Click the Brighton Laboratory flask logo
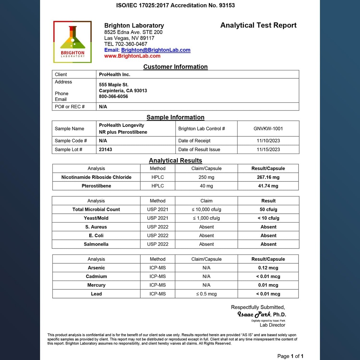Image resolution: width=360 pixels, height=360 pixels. click(x=72, y=42)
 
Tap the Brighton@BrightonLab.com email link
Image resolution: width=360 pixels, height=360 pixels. click(x=156, y=50)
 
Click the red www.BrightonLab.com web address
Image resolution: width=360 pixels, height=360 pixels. click(x=132, y=56)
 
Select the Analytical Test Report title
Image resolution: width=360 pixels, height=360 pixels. click(x=258, y=25)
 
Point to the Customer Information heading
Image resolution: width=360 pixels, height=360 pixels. click(x=175, y=67)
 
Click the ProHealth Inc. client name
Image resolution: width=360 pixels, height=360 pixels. click(x=115, y=75)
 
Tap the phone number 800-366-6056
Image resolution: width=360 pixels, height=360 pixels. click(x=114, y=96)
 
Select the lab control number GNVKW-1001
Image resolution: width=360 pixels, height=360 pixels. click(x=268, y=129)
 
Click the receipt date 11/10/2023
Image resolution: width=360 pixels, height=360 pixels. click(x=268, y=141)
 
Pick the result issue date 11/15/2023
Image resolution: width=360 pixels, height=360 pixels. click(x=268, y=149)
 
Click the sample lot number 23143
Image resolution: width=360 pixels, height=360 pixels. click(x=105, y=149)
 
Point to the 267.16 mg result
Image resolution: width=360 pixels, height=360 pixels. click(x=268, y=177)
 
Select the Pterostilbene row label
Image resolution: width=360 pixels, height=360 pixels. click(x=96, y=186)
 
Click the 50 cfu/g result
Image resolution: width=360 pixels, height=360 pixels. click(x=269, y=210)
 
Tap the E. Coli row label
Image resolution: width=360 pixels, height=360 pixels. click(x=96, y=236)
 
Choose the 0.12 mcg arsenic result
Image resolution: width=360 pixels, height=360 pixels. click(x=268, y=268)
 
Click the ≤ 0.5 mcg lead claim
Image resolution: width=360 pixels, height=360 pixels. click(x=206, y=294)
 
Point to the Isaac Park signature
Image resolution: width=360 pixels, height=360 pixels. click(x=255, y=314)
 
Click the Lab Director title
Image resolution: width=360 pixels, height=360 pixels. click(x=272, y=325)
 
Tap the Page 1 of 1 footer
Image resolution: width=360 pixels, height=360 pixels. click(x=290, y=356)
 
